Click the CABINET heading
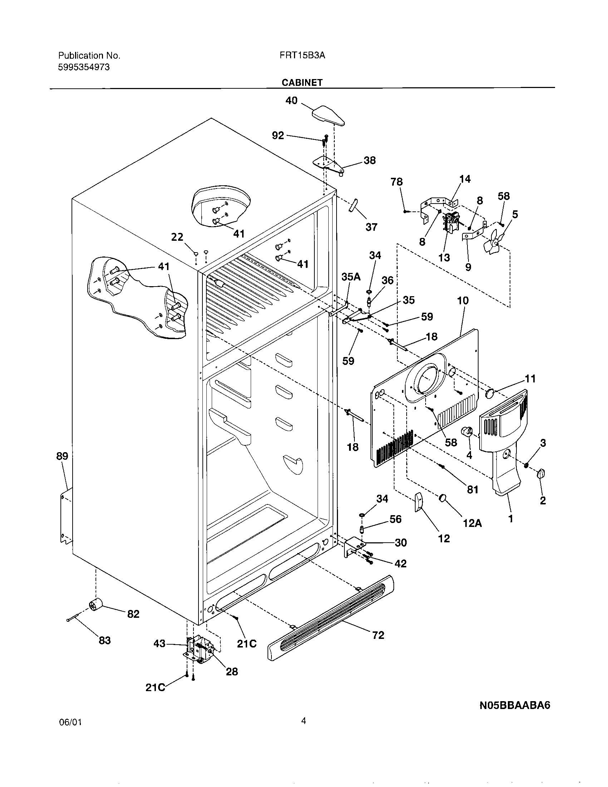(302, 83)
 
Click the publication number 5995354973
(84, 67)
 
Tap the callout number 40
(291, 101)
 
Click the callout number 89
(62, 456)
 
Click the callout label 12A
(472, 523)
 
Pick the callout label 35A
(351, 277)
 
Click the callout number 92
(278, 136)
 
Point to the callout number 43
(160, 644)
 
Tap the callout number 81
(472, 489)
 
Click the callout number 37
(371, 227)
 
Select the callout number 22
(177, 237)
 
